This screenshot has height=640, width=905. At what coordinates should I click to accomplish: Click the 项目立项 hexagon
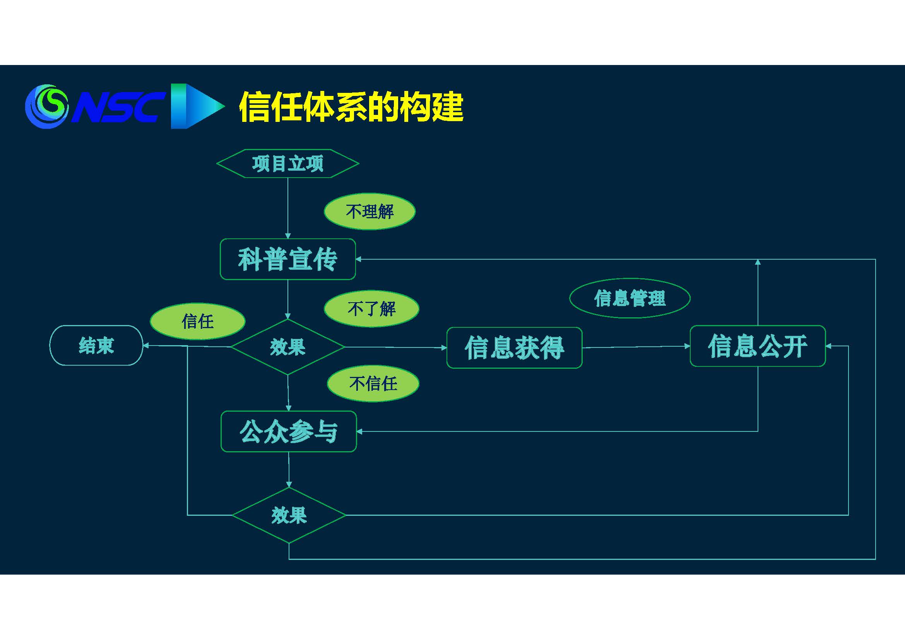pos(288,164)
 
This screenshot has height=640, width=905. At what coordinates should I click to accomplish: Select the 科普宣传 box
pos(288,259)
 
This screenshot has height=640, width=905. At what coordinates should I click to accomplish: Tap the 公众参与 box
pos(289,431)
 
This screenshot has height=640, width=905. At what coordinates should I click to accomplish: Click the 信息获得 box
pos(514,347)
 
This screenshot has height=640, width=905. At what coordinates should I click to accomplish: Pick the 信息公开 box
pos(758,346)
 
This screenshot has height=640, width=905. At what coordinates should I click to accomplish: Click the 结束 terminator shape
pos(96,346)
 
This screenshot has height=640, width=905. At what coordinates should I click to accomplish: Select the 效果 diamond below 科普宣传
pos(288,347)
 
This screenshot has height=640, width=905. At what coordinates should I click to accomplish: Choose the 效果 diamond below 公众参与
pos(289,515)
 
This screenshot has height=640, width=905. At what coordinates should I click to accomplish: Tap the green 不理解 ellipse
pos(370,212)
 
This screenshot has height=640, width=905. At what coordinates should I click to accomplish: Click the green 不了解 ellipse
pos(371,309)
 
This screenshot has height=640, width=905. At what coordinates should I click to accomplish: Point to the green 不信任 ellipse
pos(373,383)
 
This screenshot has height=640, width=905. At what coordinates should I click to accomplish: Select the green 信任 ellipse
pos(197,321)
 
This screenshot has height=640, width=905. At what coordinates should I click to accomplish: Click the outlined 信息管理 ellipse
pos(630,298)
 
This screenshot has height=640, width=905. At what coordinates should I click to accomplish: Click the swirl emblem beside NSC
pos(46,106)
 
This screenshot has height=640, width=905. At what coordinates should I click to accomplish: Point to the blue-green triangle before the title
pos(197,106)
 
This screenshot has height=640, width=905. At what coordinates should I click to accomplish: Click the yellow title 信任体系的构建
pos(351,107)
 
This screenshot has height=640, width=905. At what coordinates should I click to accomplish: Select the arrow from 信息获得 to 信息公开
pos(636,347)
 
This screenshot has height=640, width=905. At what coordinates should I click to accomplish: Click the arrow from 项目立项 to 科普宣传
pos(288,208)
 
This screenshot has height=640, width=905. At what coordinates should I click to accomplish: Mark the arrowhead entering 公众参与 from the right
pos(359,431)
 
